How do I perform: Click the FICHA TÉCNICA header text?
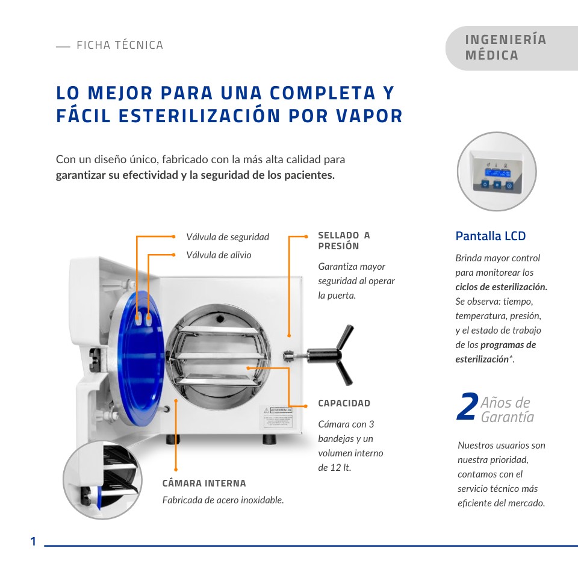(x=119, y=45)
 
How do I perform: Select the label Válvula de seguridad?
(x=228, y=237)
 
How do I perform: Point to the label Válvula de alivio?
(x=219, y=255)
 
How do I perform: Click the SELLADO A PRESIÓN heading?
(x=344, y=241)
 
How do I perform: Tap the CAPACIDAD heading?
(x=344, y=403)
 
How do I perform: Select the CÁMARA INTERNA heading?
(x=204, y=483)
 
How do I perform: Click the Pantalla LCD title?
(x=490, y=236)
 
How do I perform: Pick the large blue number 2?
(x=467, y=408)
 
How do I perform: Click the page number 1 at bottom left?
(x=34, y=542)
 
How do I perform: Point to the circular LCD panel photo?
(x=497, y=172)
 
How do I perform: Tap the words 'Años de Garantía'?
(x=506, y=410)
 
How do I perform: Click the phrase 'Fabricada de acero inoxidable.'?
(x=223, y=500)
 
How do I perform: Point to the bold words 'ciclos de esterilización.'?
(x=501, y=287)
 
